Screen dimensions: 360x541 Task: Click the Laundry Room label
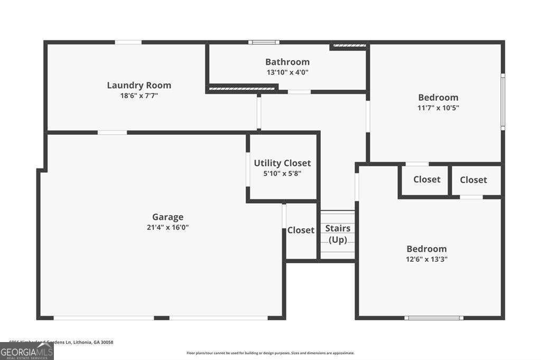[x=139, y=85]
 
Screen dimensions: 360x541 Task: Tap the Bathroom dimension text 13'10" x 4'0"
[x=287, y=72]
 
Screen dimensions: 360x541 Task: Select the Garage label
[x=168, y=217]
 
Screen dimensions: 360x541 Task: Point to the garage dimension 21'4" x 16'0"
[x=168, y=228]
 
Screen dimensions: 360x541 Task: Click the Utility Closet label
[x=282, y=163]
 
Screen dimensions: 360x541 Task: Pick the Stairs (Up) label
[x=338, y=234]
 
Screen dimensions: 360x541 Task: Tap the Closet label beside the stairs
[x=301, y=230]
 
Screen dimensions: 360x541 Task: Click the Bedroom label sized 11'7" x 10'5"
[x=438, y=97]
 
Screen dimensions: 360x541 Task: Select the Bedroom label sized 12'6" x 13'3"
[x=426, y=249]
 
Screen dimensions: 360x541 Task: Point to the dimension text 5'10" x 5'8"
[x=282, y=173]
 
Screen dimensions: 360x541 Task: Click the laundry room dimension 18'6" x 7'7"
[x=139, y=96]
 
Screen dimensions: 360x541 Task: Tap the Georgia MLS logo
[x=26, y=352]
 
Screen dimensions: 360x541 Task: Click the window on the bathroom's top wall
[x=264, y=42]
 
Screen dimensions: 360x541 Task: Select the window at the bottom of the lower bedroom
[x=434, y=318]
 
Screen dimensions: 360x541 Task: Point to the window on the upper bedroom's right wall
[x=503, y=102]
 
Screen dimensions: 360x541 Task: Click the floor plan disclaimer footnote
[x=270, y=353]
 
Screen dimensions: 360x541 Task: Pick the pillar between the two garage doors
[x=161, y=318]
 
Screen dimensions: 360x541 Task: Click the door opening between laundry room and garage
[x=112, y=132]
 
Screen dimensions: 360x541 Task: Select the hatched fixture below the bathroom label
[x=242, y=89]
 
